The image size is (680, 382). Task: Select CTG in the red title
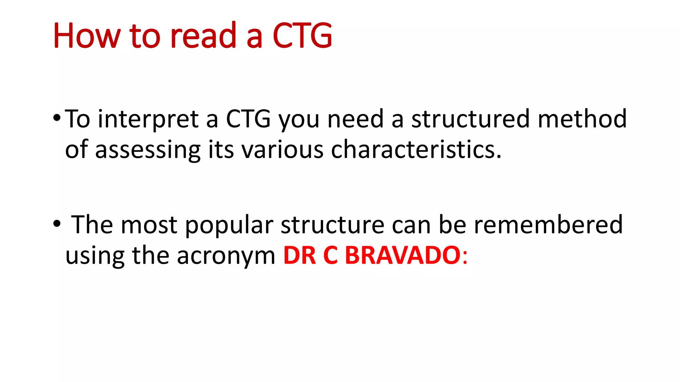pyautogui.click(x=302, y=36)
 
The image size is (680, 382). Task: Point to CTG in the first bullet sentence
pyautogui.click(x=248, y=119)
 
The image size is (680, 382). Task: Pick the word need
pyautogui.click(x=356, y=119)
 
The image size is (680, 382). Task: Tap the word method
pyautogui.click(x=582, y=119)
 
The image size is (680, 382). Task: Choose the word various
pyautogui.click(x=282, y=149)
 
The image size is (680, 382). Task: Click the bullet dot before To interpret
pyautogui.click(x=57, y=118)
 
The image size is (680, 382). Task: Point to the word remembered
pyautogui.click(x=548, y=224)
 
